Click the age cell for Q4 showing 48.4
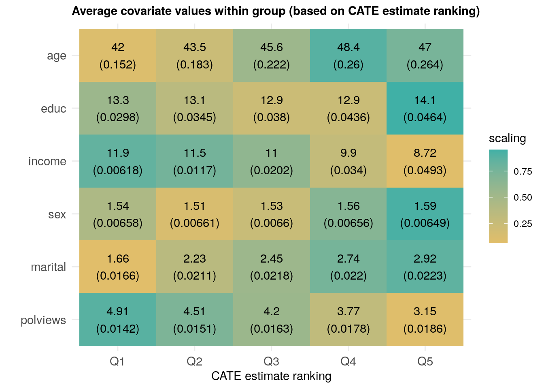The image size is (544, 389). click(348, 56)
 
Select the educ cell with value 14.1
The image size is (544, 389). click(425, 108)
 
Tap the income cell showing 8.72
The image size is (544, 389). click(425, 161)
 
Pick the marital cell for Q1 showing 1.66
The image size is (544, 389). click(118, 267)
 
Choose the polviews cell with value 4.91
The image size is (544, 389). click(118, 320)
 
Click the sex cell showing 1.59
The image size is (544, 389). click(425, 214)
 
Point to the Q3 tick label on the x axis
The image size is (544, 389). click(271, 361)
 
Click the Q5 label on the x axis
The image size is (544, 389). click(425, 361)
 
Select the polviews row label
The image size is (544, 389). click(43, 320)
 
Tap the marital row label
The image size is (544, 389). click(48, 267)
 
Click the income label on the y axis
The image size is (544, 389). click(47, 162)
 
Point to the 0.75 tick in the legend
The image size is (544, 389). click(523, 172)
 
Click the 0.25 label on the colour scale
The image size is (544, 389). click(523, 224)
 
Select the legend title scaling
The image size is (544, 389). click(507, 139)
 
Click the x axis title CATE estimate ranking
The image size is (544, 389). click(271, 376)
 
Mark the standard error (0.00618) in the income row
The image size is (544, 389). click(118, 170)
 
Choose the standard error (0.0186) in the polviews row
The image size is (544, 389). click(425, 329)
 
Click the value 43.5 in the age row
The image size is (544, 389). click(195, 47)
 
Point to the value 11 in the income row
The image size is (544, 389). click(271, 153)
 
